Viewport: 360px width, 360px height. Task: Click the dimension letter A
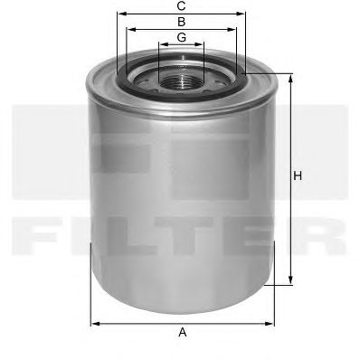[x=182, y=332]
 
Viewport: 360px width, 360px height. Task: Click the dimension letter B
[x=182, y=20]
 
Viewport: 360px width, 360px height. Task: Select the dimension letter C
[x=182, y=5]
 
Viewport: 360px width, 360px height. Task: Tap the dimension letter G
[x=182, y=36]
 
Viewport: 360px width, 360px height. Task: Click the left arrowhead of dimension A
[x=94, y=323]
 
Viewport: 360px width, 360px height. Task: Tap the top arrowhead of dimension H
[x=290, y=78]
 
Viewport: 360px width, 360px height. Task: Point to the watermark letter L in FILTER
[x=136, y=238]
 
